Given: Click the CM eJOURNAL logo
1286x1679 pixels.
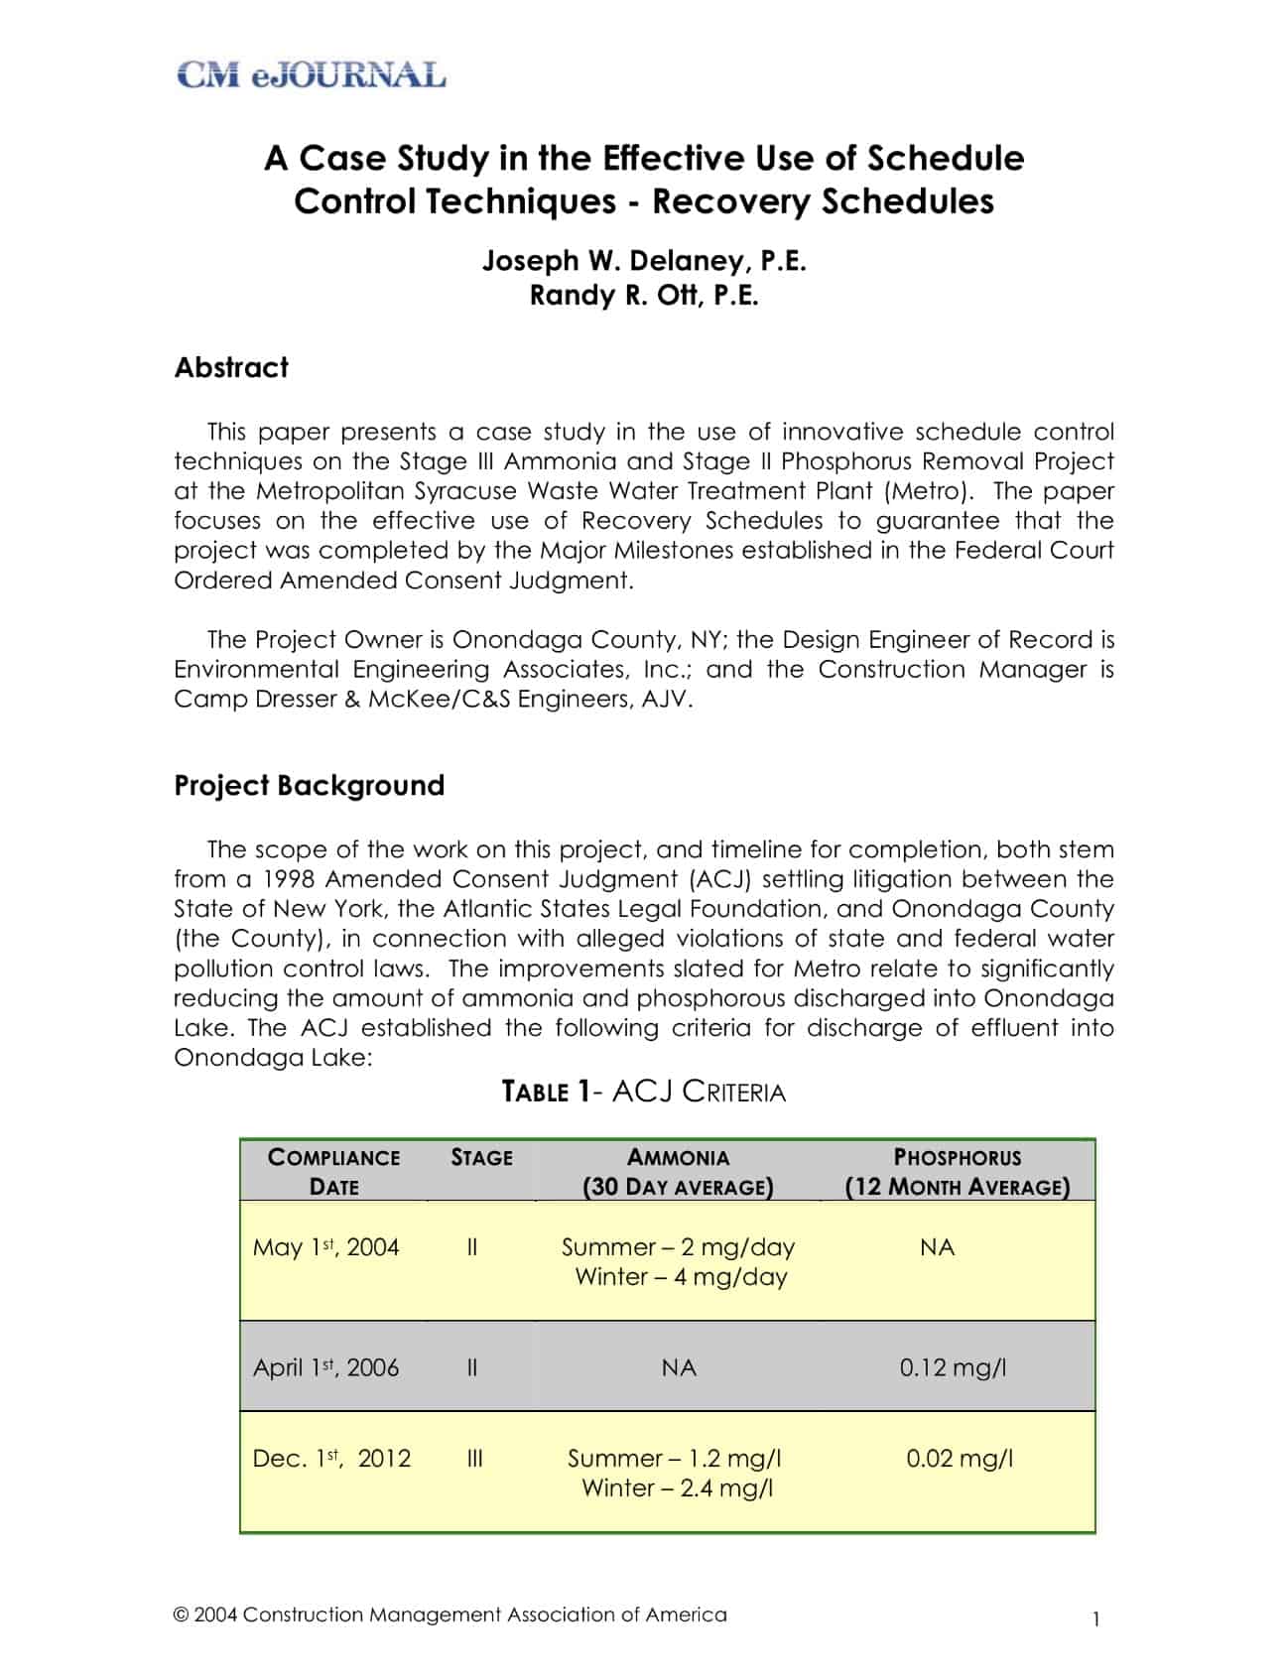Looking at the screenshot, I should (311, 75).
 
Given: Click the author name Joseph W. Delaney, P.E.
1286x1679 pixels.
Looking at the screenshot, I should (644, 261).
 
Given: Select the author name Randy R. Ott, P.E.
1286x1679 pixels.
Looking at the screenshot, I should (644, 296).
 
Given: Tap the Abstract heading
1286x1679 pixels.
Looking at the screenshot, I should (231, 368).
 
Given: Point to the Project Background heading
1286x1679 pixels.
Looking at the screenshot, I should (309, 786).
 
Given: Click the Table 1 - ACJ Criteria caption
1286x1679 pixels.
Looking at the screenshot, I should (644, 1093).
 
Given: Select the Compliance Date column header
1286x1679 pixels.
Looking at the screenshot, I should (333, 1172).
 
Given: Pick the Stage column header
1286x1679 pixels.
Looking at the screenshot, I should (481, 1158).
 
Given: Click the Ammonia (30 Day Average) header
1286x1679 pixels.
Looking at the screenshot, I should (678, 1172).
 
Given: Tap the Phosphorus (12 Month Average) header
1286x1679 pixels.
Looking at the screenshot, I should (958, 1172).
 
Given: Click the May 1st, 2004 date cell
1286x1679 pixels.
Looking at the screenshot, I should (325, 1247).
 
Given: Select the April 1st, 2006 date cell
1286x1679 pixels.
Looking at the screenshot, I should (325, 1367).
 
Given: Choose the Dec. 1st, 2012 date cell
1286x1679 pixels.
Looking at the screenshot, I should (331, 1459).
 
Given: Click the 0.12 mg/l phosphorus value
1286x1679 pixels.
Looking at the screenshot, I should (953, 1367).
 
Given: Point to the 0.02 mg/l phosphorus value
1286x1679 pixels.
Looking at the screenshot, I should (960, 1459).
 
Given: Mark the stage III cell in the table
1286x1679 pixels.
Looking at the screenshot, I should (474, 1459).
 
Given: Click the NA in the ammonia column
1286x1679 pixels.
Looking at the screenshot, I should (679, 1367).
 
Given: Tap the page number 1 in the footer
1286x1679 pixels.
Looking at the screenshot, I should (1095, 1619).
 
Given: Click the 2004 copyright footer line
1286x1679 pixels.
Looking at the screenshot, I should (450, 1614).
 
